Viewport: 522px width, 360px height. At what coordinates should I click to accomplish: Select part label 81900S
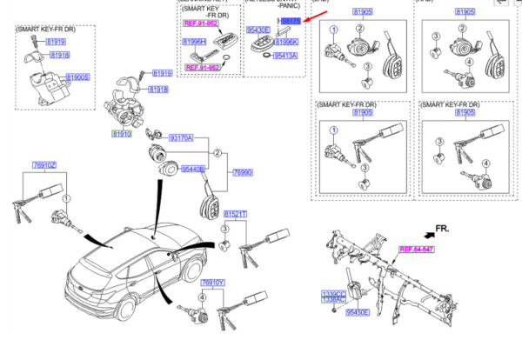78,77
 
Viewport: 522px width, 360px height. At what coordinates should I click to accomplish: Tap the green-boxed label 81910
120,134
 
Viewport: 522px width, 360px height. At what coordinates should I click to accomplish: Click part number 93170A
181,138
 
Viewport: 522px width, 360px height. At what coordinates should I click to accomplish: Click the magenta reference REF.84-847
416,250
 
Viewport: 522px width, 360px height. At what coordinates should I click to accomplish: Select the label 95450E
357,311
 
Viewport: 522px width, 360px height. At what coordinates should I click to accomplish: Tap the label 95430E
258,29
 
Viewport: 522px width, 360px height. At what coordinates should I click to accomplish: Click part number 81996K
286,41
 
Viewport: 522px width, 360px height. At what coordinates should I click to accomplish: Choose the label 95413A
285,55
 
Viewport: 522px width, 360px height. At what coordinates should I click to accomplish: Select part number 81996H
194,41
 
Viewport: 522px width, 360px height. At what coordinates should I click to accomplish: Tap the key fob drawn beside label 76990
209,207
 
